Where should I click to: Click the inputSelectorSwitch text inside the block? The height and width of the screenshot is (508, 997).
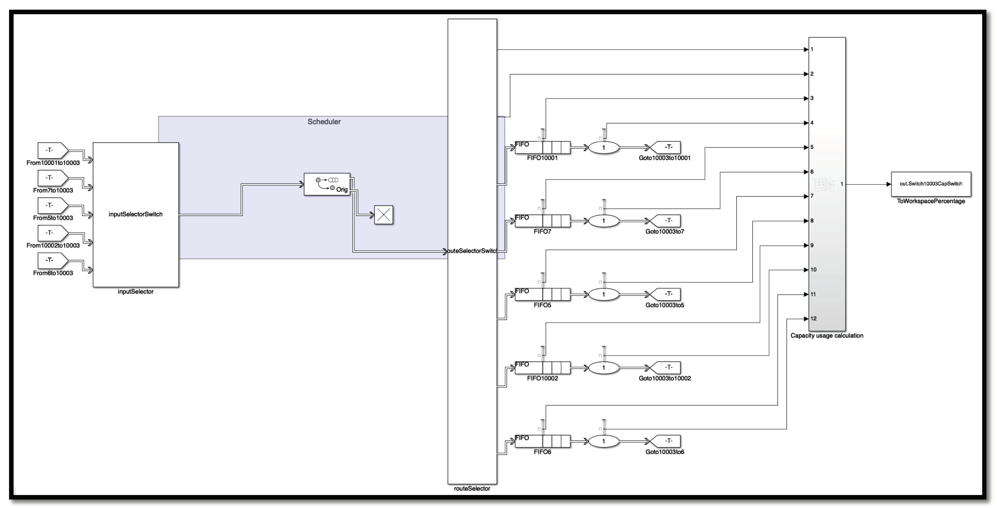135,214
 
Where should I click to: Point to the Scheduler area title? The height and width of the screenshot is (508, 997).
324,122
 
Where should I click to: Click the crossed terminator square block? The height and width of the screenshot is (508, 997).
384,215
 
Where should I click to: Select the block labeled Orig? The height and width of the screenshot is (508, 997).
327,184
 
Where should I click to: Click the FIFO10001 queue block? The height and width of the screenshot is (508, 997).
542,148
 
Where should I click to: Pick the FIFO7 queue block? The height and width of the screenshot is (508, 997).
542,221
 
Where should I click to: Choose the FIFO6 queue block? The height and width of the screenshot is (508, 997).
542,441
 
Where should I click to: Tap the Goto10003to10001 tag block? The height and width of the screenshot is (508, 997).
665,147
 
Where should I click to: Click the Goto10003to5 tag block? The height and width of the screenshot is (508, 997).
665,294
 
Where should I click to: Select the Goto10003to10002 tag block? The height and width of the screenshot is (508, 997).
665,367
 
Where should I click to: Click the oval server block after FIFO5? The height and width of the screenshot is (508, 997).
604,294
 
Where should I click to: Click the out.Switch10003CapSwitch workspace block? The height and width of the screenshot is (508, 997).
931,184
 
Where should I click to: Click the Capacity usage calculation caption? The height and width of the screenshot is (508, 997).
827,336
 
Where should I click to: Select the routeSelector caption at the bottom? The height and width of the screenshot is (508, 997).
472,489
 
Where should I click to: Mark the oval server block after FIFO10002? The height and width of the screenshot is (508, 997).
604,367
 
